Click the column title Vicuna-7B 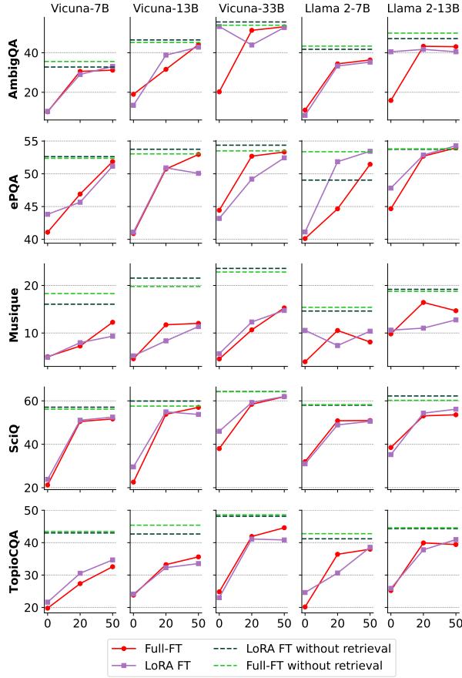79,8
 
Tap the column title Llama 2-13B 423,8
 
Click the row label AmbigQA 13,69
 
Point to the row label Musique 13,314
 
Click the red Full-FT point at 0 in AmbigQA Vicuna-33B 219,92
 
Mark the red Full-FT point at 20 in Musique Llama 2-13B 423,302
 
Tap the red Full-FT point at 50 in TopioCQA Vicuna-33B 284,528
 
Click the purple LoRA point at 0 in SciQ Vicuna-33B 219,431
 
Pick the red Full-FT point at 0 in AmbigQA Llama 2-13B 390,100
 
